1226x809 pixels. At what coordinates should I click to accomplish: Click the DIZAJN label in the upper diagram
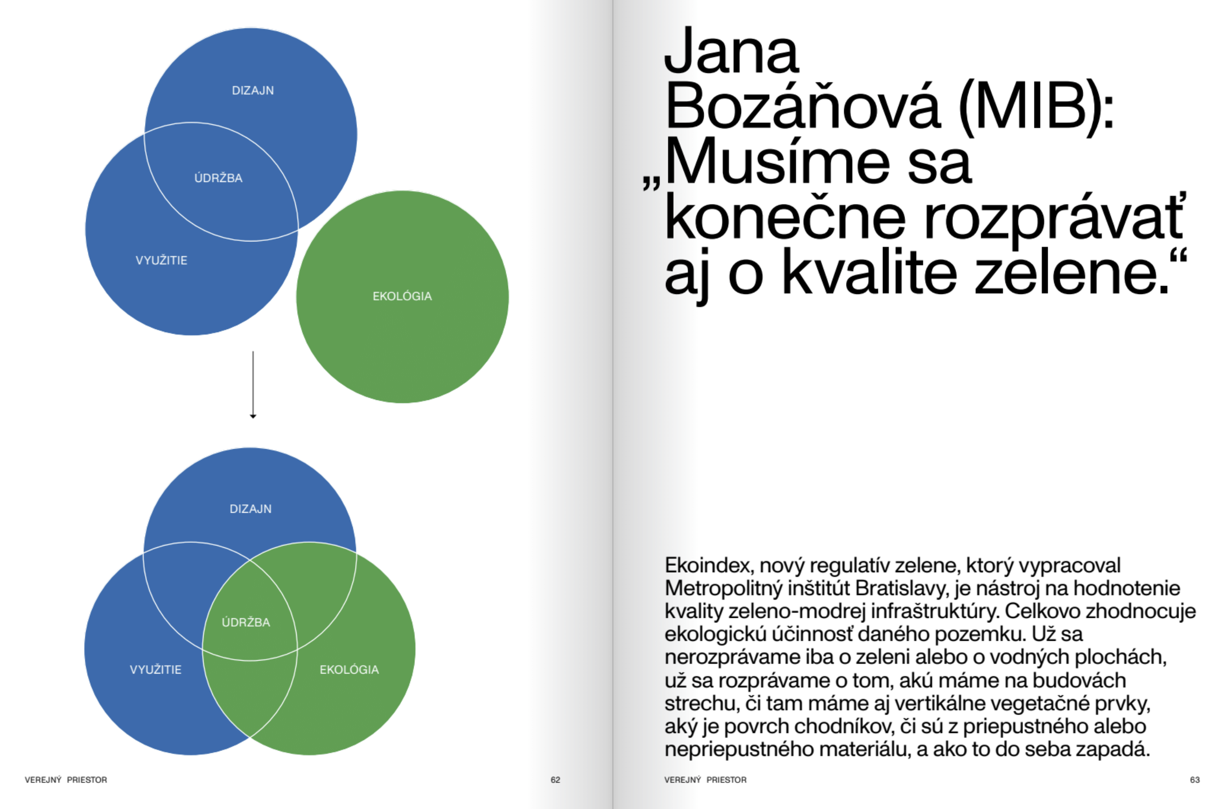tap(253, 91)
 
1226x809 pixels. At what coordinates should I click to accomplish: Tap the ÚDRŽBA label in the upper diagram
tap(218, 178)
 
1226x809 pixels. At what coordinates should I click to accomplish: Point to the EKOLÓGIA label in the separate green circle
tap(403, 297)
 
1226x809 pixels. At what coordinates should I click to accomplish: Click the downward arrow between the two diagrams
tap(253, 385)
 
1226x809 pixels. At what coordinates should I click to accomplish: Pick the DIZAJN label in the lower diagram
tap(251, 509)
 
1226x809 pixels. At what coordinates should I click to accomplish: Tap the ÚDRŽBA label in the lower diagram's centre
tap(246, 623)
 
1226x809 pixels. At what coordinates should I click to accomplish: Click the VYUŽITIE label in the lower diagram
tap(156, 670)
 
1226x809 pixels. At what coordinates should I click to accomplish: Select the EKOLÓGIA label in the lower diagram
tap(349, 670)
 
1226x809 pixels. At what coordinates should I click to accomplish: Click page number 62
tap(555, 780)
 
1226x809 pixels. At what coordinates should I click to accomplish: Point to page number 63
tap(1195, 780)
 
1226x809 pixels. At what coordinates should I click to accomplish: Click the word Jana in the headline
tap(731, 52)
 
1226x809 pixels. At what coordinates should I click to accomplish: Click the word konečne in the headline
tap(784, 219)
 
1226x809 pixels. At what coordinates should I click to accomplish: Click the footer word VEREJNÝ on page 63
tap(683, 780)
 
